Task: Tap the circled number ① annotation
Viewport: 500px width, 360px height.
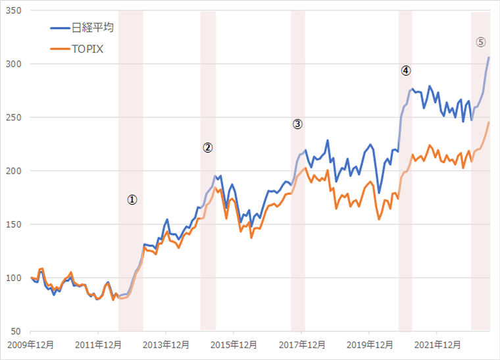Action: click(x=132, y=199)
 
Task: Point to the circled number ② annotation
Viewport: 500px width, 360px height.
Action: click(x=208, y=147)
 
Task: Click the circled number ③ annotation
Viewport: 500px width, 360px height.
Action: click(x=297, y=123)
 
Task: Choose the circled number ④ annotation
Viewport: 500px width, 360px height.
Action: click(x=406, y=70)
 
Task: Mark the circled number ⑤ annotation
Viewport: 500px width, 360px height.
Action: click(x=481, y=41)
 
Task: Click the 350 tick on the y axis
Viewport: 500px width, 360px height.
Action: click(x=14, y=11)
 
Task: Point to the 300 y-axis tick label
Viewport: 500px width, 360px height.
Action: click(x=14, y=64)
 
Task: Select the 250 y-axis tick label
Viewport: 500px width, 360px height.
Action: click(x=14, y=118)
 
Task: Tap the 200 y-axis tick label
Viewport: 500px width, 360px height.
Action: click(x=14, y=171)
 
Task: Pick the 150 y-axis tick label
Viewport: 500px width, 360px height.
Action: click(x=14, y=224)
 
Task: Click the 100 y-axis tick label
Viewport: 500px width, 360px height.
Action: click(x=14, y=278)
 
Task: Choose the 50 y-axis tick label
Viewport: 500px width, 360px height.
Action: click(x=16, y=331)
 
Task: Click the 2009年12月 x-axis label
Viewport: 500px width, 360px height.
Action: click(x=31, y=345)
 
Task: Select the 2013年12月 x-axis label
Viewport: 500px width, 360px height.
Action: click(x=166, y=345)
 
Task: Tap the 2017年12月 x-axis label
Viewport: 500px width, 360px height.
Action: click(x=301, y=345)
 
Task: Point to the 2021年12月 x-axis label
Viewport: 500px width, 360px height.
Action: click(x=436, y=345)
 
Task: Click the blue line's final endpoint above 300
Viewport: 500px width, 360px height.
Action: click(x=489, y=57)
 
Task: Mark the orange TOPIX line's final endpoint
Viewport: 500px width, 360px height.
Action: click(x=489, y=122)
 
